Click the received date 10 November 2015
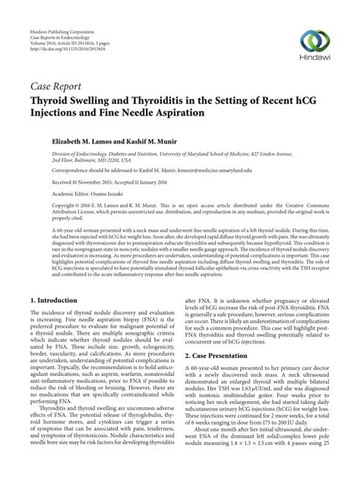(78, 183)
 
